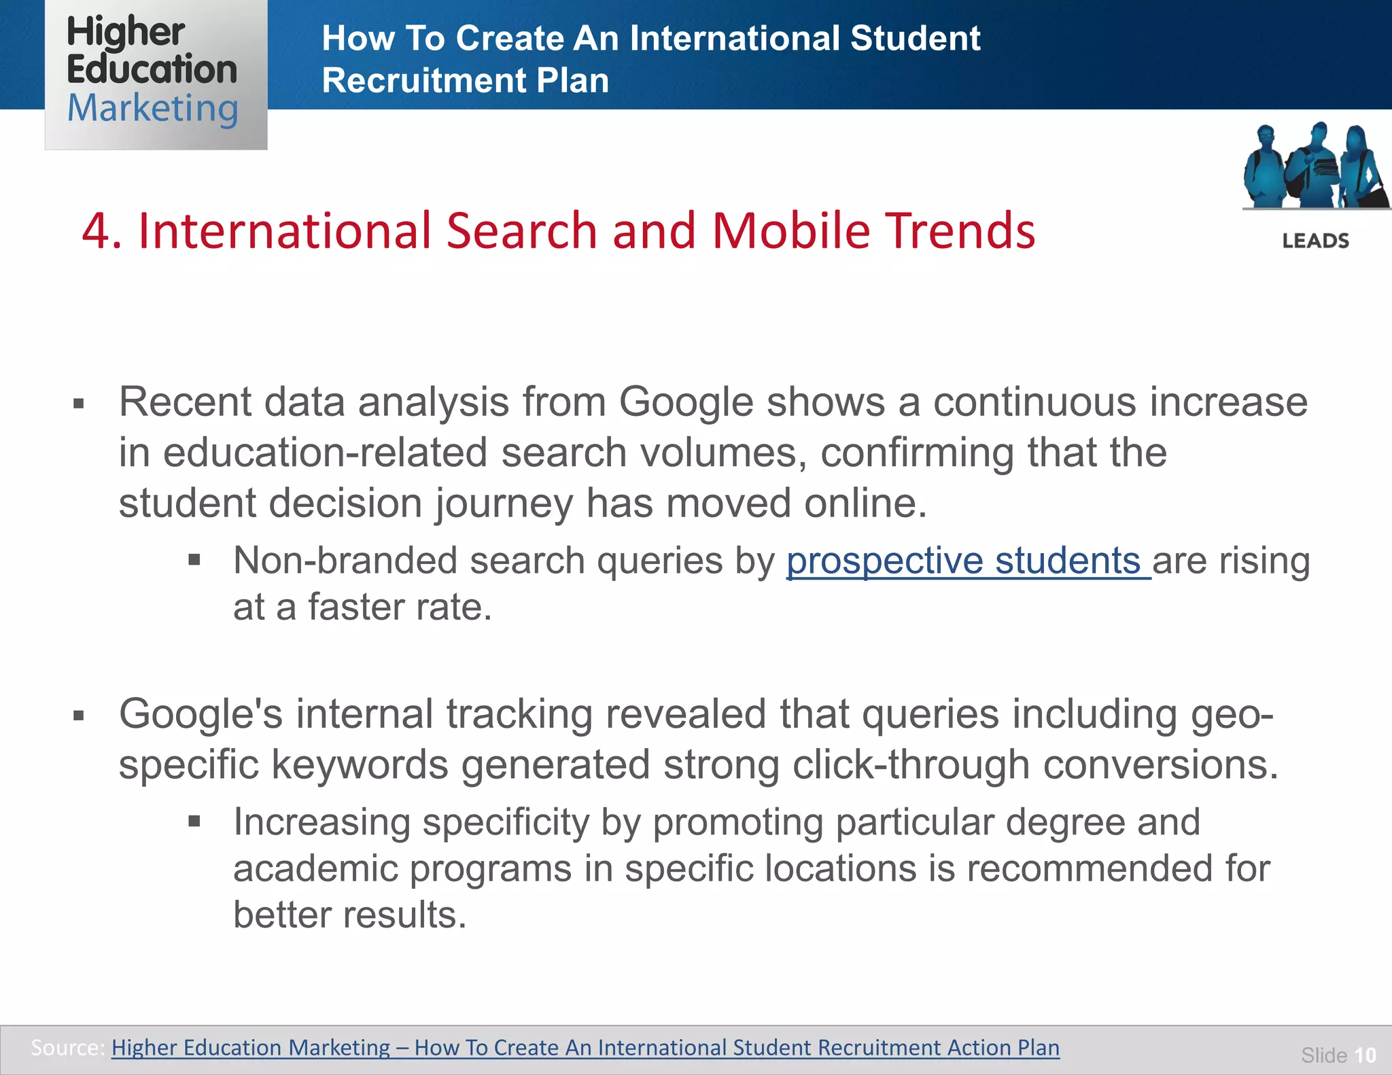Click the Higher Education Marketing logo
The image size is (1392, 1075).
156,73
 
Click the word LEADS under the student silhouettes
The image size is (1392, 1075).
1315,241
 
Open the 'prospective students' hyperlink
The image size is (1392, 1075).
968,561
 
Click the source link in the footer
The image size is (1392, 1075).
585,1047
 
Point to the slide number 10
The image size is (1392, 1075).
1365,1055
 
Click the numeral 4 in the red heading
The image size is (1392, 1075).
97,231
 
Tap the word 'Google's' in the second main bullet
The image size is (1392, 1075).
200,715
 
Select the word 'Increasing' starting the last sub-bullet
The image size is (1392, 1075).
321,822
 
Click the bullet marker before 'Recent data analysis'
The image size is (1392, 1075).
79,404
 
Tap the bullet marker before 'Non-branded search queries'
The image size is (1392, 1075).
194,561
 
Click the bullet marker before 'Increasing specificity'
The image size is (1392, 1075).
194,822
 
